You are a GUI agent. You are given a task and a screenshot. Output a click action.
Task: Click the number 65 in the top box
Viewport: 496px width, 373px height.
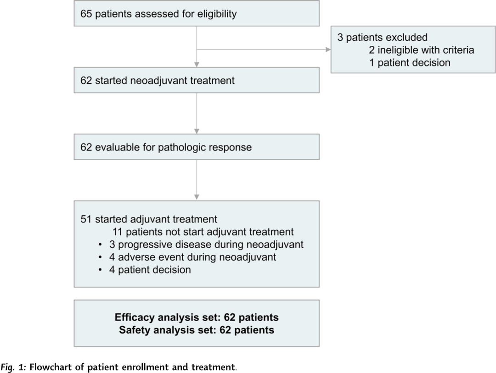86,14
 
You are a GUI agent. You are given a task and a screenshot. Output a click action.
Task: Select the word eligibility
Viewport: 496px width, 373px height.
217,14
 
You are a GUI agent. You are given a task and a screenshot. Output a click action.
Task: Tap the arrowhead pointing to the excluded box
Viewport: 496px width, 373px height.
328,50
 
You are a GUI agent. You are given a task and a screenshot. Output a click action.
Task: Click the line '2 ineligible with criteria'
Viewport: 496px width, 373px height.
421,50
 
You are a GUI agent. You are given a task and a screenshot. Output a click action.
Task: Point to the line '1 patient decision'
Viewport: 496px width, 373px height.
410,62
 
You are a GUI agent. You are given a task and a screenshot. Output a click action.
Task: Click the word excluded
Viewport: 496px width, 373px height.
406,37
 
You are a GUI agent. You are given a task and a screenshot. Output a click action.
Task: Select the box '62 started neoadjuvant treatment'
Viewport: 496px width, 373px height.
197,80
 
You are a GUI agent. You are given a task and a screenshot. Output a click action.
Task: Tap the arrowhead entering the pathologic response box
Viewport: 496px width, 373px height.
197,131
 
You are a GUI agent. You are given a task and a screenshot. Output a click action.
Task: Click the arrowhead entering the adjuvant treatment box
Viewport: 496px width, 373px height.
197,197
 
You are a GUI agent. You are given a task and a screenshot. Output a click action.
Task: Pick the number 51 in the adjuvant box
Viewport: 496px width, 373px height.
86,219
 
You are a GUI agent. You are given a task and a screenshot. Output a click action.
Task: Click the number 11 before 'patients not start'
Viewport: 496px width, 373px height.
118,232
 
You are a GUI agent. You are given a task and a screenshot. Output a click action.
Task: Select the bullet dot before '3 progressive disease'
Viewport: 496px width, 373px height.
100,245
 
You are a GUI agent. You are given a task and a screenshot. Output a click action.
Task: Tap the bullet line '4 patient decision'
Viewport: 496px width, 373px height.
150,270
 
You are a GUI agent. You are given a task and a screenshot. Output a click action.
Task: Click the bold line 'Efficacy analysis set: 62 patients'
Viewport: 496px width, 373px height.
197,317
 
